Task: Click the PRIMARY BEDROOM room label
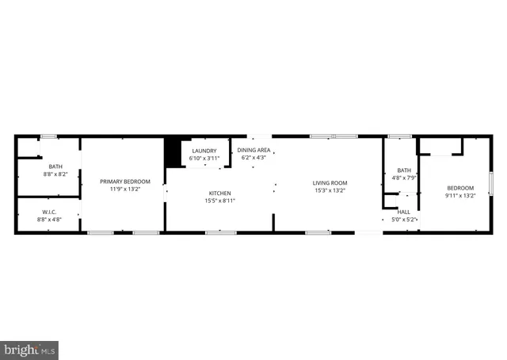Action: (124, 182)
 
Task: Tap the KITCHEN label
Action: (219, 193)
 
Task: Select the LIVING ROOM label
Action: (330, 183)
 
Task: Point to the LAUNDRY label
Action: (204, 151)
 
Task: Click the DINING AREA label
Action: (254, 150)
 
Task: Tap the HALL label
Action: (404, 212)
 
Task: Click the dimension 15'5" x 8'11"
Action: (219, 201)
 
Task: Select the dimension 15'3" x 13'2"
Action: (330, 190)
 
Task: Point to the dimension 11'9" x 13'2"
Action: (124, 189)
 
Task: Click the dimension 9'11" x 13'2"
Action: (459, 195)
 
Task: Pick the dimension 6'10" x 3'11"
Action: (204, 158)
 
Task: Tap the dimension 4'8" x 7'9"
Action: (404, 177)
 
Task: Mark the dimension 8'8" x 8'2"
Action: (33, 173)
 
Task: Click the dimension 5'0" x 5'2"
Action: (404, 219)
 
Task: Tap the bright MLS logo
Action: (30, 349)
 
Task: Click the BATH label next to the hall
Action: (404, 170)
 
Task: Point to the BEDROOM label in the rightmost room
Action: (459, 188)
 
